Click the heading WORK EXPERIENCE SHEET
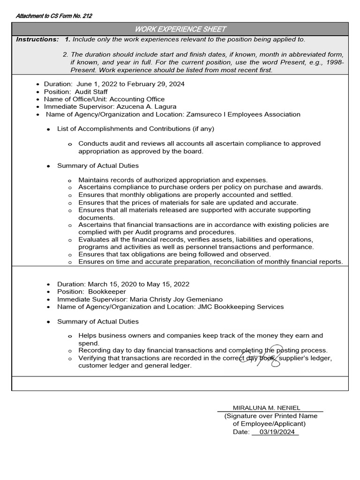pos(180,29)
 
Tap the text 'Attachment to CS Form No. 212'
pos(54,16)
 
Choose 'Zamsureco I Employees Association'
pos(243,114)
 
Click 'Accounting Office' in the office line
pos(136,99)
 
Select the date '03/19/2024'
pos(276,432)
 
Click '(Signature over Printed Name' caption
pos(270,416)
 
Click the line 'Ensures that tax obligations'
pos(174,254)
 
